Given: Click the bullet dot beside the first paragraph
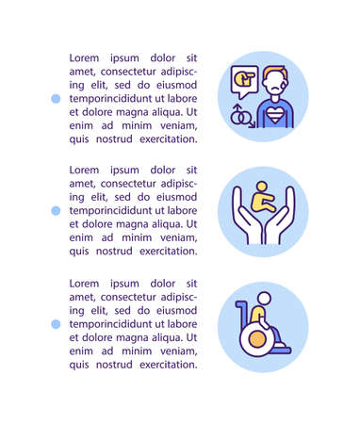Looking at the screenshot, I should click(56, 98).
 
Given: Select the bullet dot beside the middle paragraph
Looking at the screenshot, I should click(56, 211).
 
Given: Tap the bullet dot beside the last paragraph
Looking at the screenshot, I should click(56, 323).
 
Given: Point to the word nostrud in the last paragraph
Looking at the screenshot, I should click(111, 365).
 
